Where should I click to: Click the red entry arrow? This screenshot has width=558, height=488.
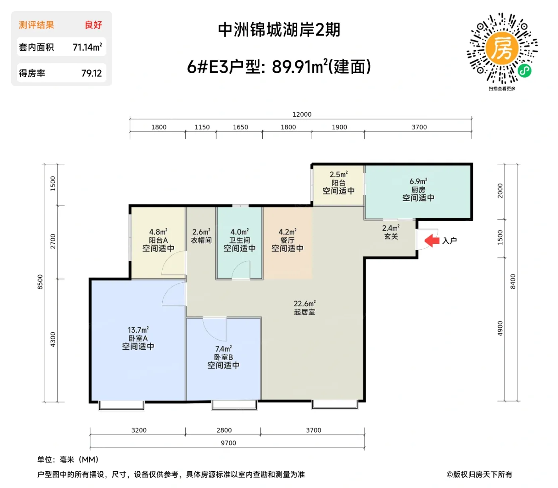[432, 240]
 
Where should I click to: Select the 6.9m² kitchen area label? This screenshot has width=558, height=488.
[418, 182]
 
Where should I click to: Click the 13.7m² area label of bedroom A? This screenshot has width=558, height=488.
[138, 330]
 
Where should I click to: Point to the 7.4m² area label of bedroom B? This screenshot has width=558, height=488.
[223, 349]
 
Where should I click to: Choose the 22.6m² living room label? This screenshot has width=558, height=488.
[305, 304]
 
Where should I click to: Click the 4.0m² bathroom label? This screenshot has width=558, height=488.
[239, 232]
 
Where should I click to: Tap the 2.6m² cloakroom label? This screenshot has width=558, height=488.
[201, 232]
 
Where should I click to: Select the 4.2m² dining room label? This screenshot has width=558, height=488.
[287, 232]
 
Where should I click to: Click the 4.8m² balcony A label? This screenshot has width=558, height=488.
[158, 232]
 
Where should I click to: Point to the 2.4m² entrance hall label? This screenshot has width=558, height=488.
[391, 228]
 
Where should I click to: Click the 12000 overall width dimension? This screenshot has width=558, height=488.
[302, 114]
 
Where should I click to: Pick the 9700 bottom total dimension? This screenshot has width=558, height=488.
[228, 443]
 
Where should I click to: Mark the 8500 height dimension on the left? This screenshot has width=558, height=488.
[40, 282]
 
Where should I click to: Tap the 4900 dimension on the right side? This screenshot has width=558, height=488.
[500, 328]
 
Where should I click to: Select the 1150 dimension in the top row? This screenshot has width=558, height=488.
[202, 127]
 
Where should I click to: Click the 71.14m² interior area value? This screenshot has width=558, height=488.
[87, 47]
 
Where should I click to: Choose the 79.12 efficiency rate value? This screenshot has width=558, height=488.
[91, 73]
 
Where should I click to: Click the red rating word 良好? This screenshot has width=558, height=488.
[93, 25]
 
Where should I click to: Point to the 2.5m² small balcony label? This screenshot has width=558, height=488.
[338, 174]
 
